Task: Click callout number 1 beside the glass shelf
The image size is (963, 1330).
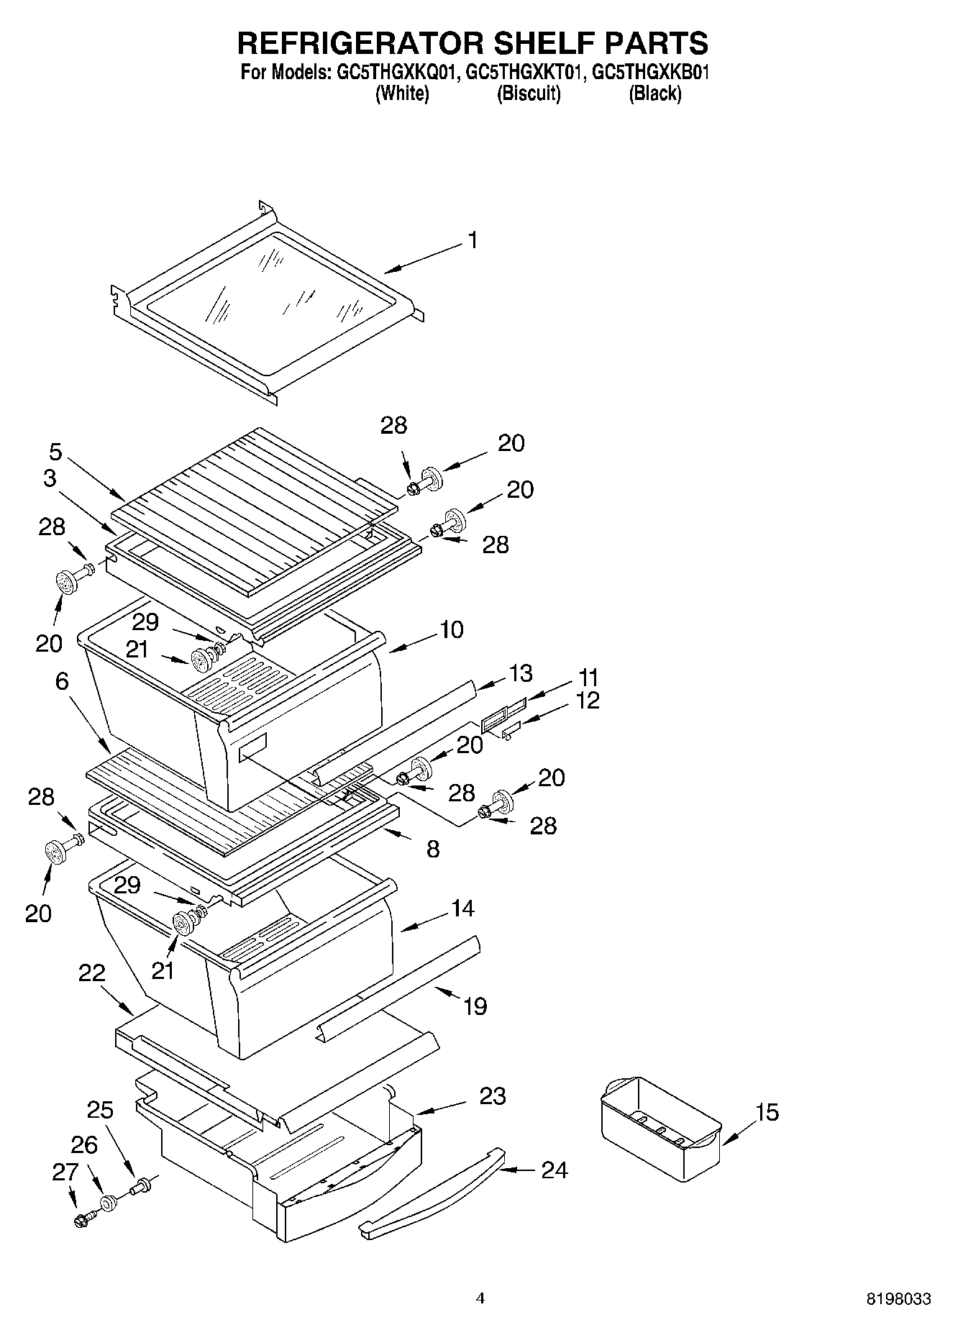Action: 472,240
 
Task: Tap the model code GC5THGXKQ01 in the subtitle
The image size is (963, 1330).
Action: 393,72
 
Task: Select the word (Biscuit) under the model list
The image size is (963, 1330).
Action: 529,94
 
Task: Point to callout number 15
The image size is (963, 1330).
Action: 767,1112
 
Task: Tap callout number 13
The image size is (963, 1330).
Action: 521,673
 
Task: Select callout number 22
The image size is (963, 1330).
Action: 92,973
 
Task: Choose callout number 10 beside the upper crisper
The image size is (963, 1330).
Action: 451,629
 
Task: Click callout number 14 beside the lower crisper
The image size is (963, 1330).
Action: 463,908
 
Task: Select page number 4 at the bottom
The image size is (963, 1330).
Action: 480,1298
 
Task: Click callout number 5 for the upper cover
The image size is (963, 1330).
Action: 55,452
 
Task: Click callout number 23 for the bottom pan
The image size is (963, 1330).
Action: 493,1096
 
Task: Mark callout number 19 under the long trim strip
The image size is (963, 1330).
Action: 475,1006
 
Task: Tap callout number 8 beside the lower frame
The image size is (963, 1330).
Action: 432,849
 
